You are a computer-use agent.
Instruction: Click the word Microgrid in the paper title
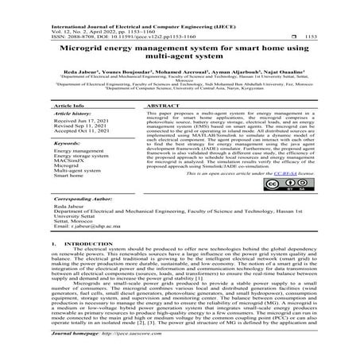[83, 48]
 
